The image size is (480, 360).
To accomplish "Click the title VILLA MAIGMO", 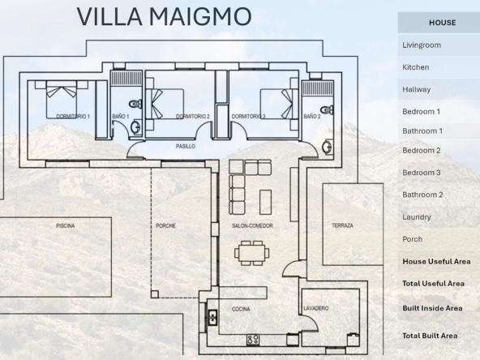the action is (x=164, y=16).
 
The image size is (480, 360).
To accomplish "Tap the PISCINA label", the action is (x=66, y=226).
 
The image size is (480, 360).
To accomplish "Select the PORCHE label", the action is (x=165, y=226).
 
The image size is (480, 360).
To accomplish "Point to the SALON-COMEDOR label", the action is (x=252, y=226).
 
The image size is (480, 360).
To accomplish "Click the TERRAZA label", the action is (x=342, y=225).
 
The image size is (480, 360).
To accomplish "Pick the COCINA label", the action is (x=241, y=309).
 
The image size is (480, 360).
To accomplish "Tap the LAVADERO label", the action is (x=316, y=308).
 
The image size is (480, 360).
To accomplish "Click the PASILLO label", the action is (x=186, y=146).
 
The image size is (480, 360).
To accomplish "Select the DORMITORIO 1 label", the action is (x=73, y=116).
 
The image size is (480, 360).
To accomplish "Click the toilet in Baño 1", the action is (x=135, y=104).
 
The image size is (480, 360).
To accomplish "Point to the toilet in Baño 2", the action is (x=327, y=110).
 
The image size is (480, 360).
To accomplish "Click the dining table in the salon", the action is (x=252, y=253).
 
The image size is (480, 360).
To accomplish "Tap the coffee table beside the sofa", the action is (x=265, y=203).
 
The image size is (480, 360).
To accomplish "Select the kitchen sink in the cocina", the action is (x=212, y=318).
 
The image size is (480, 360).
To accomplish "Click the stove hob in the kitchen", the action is (x=253, y=340).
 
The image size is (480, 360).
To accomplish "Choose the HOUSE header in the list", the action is (x=443, y=23).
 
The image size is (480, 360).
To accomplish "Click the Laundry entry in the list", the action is (x=417, y=217).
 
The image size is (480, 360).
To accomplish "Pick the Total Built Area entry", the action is (x=430, y=336).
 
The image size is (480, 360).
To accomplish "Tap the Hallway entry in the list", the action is (x=417, y=89).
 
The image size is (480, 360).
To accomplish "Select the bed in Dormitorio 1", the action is (x=62, y=100).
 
